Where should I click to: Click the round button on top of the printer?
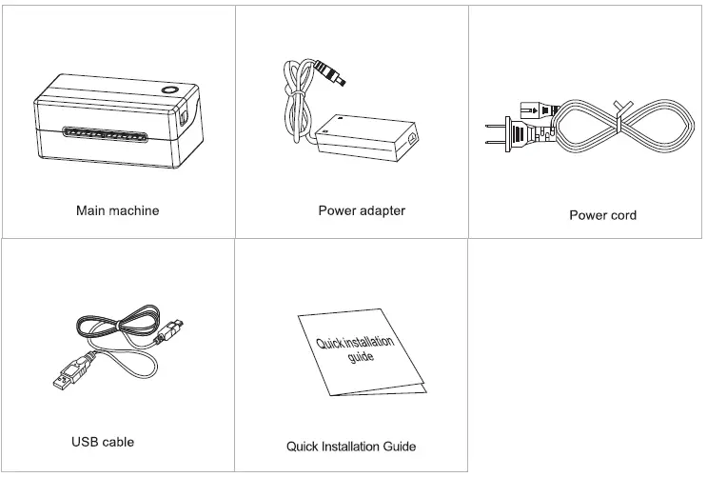171,91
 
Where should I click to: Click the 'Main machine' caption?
117,210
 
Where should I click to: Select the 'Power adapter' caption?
362,210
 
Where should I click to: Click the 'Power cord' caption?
602,215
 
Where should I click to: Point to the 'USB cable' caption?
103,442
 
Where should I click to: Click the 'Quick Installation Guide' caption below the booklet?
351,446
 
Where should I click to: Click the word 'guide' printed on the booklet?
361,359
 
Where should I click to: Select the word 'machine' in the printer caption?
135,210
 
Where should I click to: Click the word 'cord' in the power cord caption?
621,215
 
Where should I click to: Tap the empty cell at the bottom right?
586,356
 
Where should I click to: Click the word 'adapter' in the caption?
382,210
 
